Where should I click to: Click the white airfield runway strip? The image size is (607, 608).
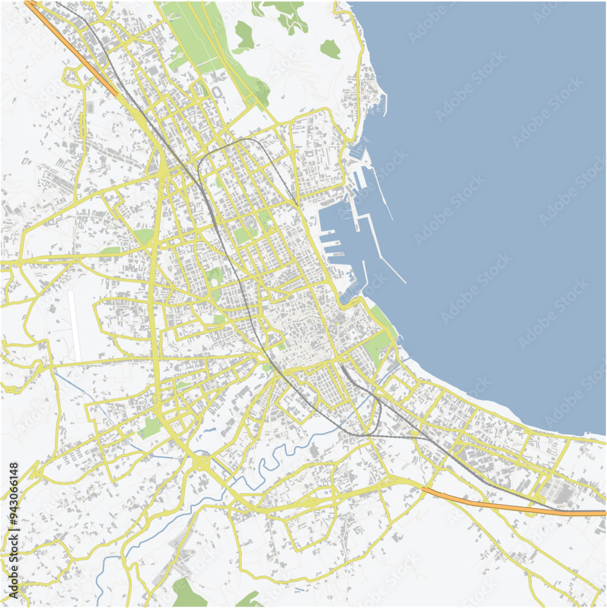[x=75, y=325]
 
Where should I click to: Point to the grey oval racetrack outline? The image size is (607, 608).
[x=217, y=92]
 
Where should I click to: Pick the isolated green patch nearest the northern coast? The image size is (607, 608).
[x=331, y=49]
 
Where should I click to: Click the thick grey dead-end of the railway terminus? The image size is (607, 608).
[x=343, y=367]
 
